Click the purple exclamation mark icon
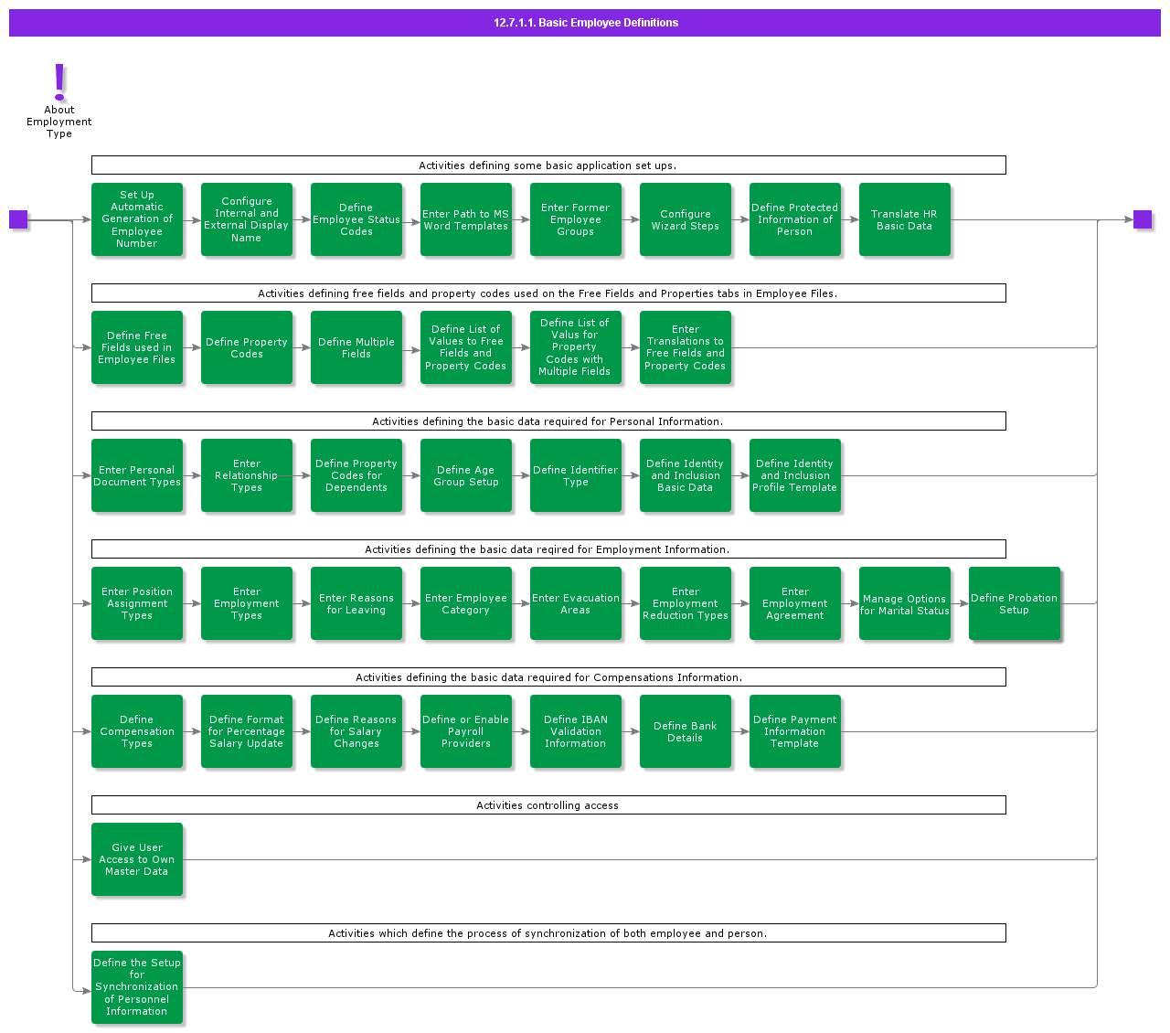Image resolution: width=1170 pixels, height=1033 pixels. tap(58, 82)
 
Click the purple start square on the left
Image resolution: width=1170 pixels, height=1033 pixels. tap(18, 219)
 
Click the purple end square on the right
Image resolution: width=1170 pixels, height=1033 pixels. tap(1142, 219)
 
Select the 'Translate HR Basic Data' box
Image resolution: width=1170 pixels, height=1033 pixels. tap(904, 219)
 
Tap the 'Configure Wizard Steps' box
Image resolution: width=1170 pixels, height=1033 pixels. tap(685, 219)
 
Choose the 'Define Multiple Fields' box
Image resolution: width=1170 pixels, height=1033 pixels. tap(356, 347)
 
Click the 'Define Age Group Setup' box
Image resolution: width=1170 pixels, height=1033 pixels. tap(466, 475)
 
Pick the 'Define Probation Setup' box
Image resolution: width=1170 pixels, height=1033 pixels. tap(1014, 603)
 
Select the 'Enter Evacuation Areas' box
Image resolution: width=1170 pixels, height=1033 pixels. tap(576, 603)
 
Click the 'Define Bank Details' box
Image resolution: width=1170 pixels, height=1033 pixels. tap(685, 731)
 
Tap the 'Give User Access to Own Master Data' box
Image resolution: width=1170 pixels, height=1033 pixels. tap(137, 859)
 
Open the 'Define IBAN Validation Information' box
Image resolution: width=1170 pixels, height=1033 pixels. tap(576, 731)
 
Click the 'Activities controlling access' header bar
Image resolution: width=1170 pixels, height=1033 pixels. tap(548, 804)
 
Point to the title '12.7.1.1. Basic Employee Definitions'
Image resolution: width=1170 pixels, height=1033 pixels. tap(586, 23)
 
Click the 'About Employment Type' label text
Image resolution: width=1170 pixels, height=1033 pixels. tap(58, 122)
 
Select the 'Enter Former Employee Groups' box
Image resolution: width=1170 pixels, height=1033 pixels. tap(576, 219)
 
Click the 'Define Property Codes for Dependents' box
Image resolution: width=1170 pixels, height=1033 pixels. tap(356, 475)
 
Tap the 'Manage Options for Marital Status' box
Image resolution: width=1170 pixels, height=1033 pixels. tap(904, 603)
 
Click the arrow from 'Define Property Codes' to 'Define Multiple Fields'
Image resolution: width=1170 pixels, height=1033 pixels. tap(302, 347)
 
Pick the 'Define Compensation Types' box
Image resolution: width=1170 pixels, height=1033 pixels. tap(137, 731)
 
